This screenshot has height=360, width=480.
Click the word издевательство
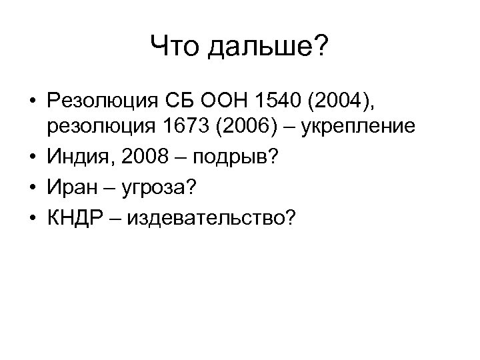pos(203,219)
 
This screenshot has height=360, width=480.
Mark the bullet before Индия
pos(31,157)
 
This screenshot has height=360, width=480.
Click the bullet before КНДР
pos(31,219)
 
